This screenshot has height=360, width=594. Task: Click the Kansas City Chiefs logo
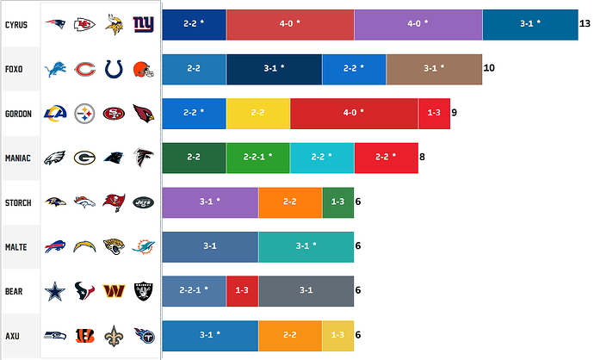(84, 25)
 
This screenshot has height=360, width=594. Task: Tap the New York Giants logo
(144, 24)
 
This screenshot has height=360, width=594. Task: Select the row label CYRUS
(16, 25)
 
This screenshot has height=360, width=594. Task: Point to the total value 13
(585, 23)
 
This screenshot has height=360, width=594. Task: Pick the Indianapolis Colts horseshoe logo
(114, 70)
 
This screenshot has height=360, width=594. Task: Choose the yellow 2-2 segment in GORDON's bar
(258, 114)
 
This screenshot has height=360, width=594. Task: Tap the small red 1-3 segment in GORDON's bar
(434, 114)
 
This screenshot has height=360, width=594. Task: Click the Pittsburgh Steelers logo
(84, 114)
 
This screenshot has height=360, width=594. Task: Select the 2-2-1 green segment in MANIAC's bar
(258, 158)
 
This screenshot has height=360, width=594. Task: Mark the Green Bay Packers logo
(84, 158)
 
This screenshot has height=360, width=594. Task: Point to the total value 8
(422, 157)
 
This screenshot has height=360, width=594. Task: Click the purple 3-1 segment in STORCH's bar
(210, 202)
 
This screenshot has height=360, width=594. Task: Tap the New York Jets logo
(144, 202)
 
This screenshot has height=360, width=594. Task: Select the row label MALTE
(15, 247)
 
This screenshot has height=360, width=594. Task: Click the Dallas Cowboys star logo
(55, 291)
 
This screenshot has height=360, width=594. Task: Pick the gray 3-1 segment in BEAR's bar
(306, 291)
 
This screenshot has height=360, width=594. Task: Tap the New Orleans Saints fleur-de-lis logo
(114, 336)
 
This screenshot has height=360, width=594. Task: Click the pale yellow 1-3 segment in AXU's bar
(338, 336)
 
